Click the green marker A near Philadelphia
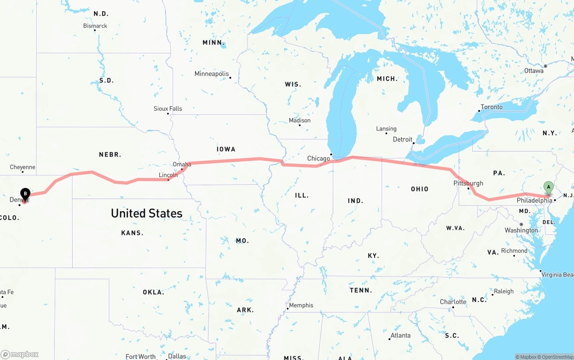tap(548, 188)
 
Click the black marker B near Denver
tap(25, 194)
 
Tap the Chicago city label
tap(318, 158)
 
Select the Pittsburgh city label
tap(468, 183)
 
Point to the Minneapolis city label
tap(212, 74)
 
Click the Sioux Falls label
tap(168, 108)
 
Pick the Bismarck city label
tap(95, 26)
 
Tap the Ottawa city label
tap(534, 71)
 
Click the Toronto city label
tap(491, 107)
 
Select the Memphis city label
tap(301, 305)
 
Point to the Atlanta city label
tap(400, 335)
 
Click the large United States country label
tap(147, 213)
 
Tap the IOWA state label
tap(226, 149)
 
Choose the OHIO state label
tap(419, 189)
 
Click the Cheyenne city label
tap(22, 167)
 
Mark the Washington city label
tap(521, 230)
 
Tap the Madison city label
tap(300, 120)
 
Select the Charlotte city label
tap(453, 302)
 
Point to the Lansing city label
tap(386, 129)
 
